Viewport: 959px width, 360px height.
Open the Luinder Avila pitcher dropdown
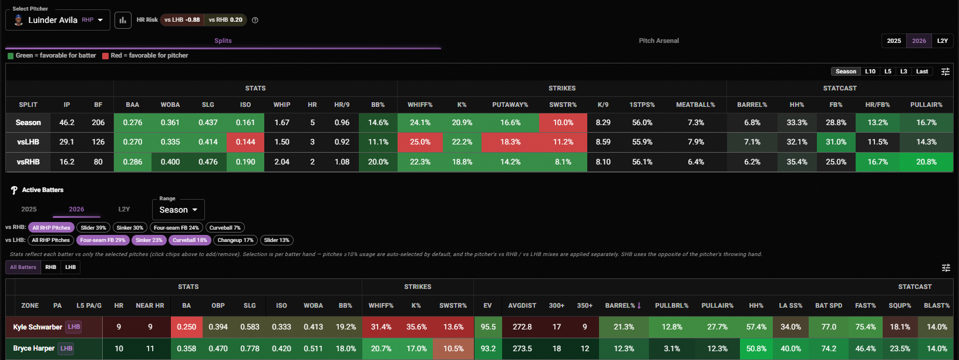58,20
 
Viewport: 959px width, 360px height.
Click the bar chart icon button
123,20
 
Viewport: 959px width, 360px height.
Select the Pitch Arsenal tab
658,41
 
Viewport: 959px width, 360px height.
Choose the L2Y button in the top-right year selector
943,41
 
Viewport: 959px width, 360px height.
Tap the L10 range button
870,72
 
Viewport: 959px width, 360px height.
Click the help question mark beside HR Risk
255,20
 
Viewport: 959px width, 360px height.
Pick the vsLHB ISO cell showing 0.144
245,142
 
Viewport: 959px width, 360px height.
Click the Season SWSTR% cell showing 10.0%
563,122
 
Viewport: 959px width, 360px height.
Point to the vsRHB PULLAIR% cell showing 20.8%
926,162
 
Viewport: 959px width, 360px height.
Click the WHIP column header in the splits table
282,105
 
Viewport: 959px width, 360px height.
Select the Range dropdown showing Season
178,210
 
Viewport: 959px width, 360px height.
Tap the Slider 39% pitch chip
93,228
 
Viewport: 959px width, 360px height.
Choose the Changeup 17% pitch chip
235,240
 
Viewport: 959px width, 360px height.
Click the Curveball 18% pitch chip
190,240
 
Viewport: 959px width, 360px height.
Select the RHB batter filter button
51,267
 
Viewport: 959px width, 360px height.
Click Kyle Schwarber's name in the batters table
38,327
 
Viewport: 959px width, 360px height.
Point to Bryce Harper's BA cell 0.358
186,348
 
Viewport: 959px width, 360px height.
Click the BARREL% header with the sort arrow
623,305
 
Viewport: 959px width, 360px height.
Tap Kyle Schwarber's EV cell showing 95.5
487,327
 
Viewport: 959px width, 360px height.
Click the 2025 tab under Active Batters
29,209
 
